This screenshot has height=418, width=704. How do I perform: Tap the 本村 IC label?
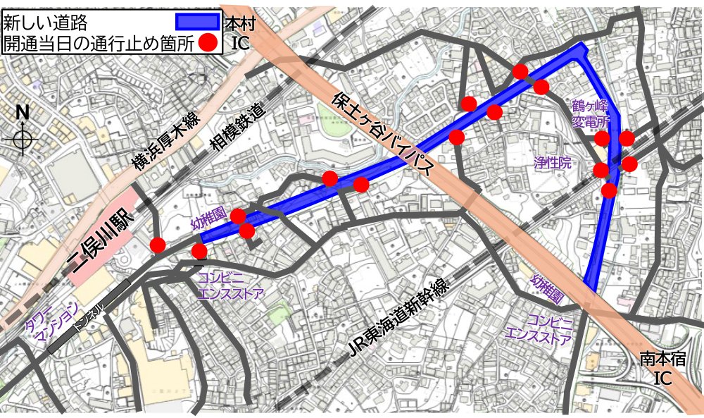(239, 32)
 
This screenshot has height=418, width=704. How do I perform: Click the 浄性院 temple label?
(552, 163)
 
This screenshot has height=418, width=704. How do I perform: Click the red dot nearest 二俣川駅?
(158, 245)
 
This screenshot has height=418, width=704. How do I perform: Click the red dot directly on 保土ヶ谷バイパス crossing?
(456, 137)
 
